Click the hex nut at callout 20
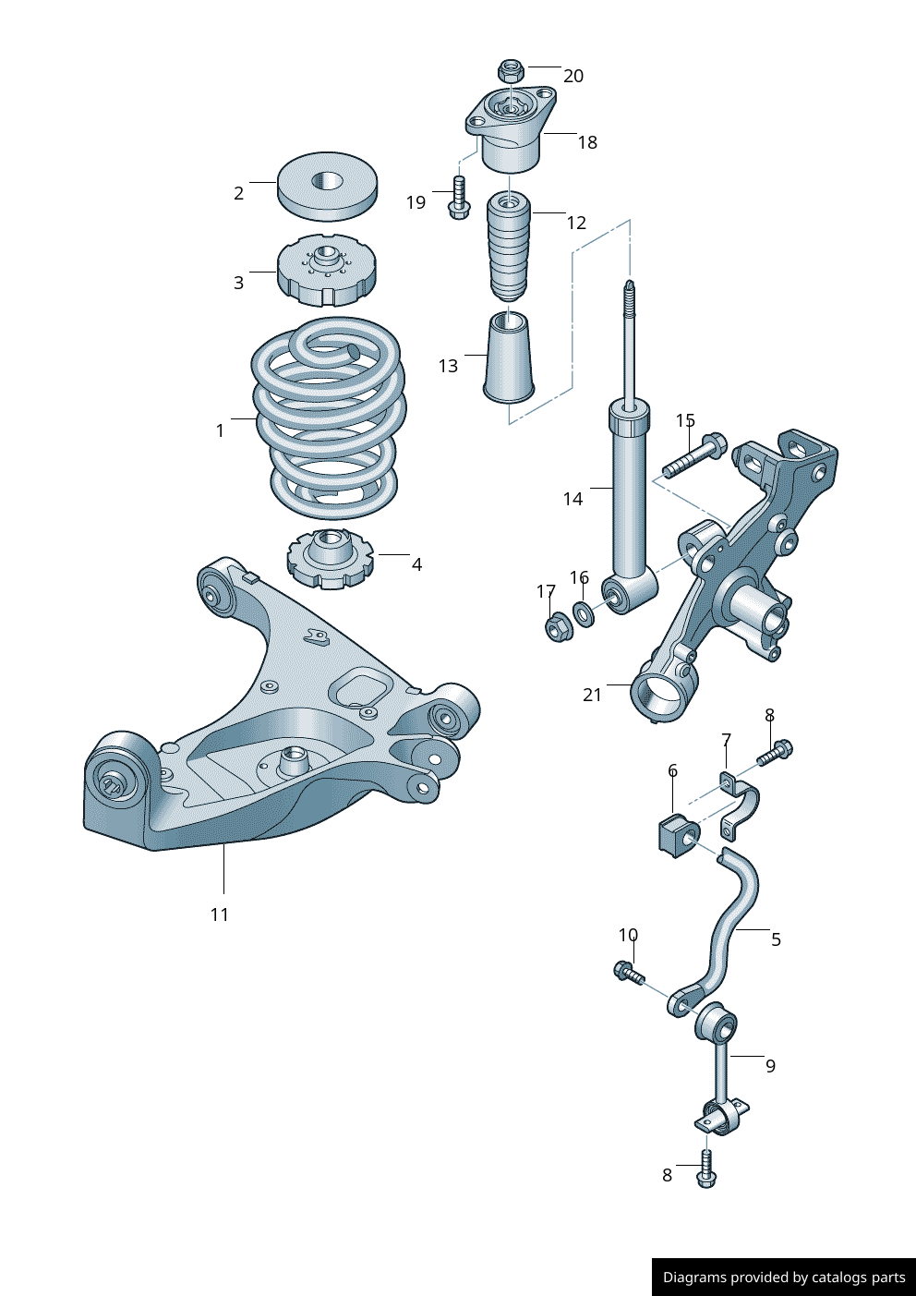click(x=511, y=70)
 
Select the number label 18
click(x=587, y=142)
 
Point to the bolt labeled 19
click(x=458, y=198)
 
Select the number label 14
click(x=572, y=499)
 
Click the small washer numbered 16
click(x=584, y=612)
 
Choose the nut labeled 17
click(x=557, y=628)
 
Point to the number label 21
click(x=592, y=695)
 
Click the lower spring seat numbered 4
click(x=331, y=560)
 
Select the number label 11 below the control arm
click(x=219, y=914)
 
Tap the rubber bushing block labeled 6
click(x=679, y=834)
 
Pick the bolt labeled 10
click(x=629, y=972)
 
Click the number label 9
click(x=770, y=1066)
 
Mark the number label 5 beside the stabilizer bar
click(x=776, y=939)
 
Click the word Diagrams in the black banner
click(x=693, y=1278)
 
